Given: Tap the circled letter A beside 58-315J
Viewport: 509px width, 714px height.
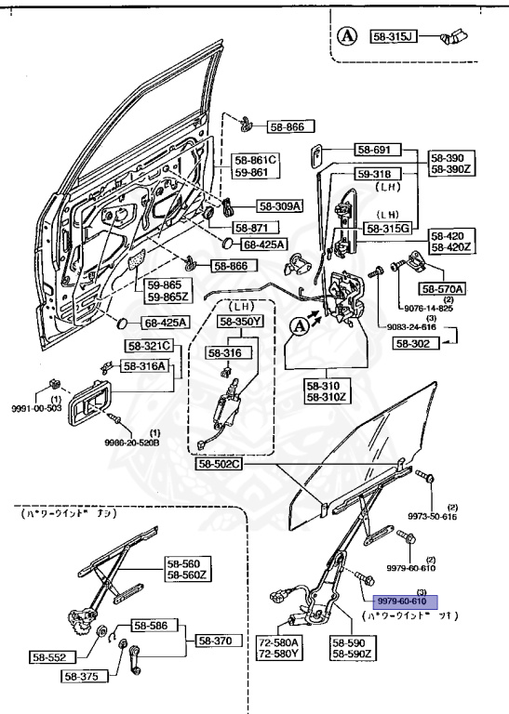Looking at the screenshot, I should pos(347,36).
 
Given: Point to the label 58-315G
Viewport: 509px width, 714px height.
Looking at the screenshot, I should pos(390,228).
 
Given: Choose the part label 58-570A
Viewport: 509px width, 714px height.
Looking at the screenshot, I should pos(444,288).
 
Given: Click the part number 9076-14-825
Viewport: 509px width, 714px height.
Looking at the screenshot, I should pos(427,308).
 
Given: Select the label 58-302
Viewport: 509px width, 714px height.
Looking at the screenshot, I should pos(415,343).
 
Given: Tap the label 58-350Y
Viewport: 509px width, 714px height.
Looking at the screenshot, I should pos(241,322).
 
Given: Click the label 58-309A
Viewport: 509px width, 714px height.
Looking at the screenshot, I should pos(254,206).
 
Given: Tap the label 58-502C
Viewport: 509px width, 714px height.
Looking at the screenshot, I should pos(219,463).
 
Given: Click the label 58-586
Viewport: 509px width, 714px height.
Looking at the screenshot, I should pos(152,626).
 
